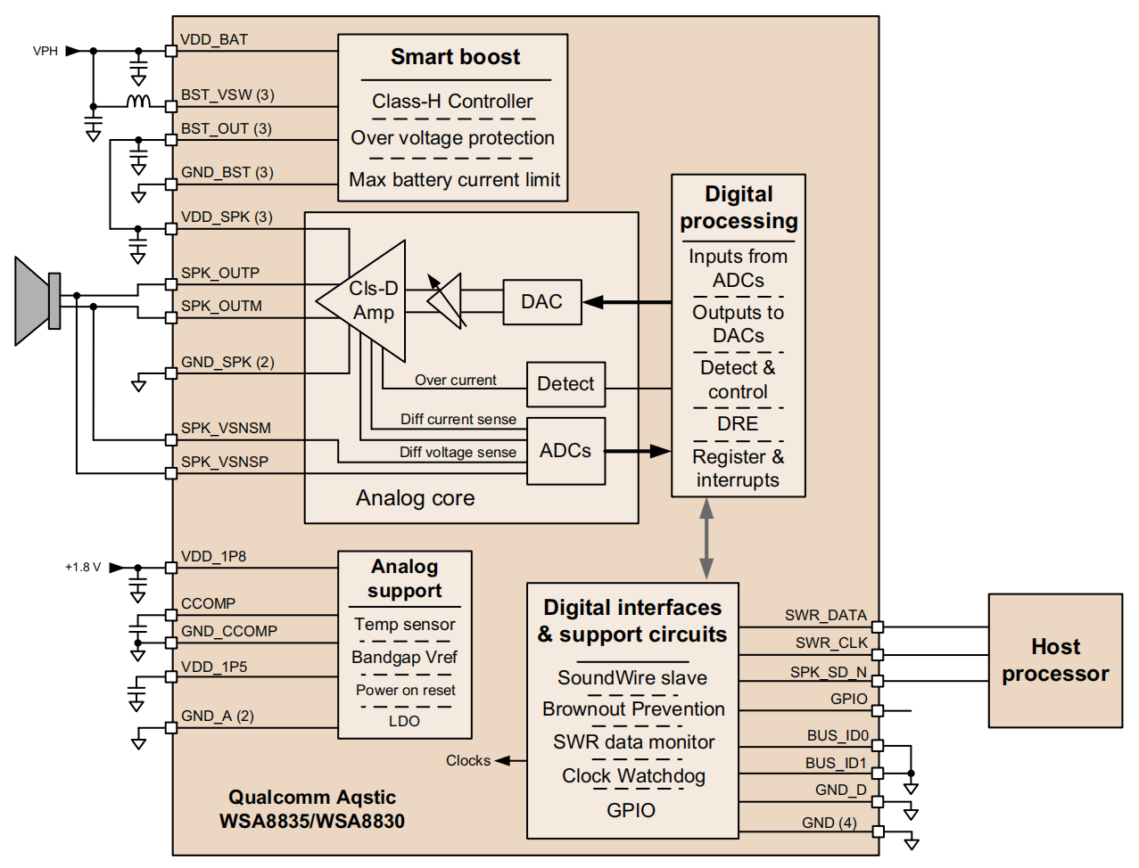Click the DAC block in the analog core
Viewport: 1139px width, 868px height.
point(541,302)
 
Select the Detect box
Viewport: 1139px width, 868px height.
point(565,384)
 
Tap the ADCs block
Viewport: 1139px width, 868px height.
point(565,451)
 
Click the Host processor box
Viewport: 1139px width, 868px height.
point(1055,660)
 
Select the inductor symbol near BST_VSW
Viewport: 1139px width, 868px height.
point(138,102)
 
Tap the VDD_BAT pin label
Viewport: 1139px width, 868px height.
point(214,40)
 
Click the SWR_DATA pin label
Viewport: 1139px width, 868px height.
point(825,615)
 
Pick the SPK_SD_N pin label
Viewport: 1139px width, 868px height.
point(828,672)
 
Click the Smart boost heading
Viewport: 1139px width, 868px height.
point(455,57)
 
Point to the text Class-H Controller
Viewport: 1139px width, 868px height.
point(452,102)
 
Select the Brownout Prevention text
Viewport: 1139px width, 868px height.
point(633,709)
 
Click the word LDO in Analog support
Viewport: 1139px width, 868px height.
point(404,721)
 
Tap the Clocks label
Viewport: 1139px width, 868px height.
point(468,760)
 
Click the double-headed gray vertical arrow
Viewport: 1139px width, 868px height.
point(706,539)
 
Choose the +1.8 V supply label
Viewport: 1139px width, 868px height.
point(83,567)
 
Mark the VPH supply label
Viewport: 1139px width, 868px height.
point(45,51)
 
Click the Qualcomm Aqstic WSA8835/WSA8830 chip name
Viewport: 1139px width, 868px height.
point(312,809)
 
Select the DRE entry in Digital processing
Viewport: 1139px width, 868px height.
point(738,424)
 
